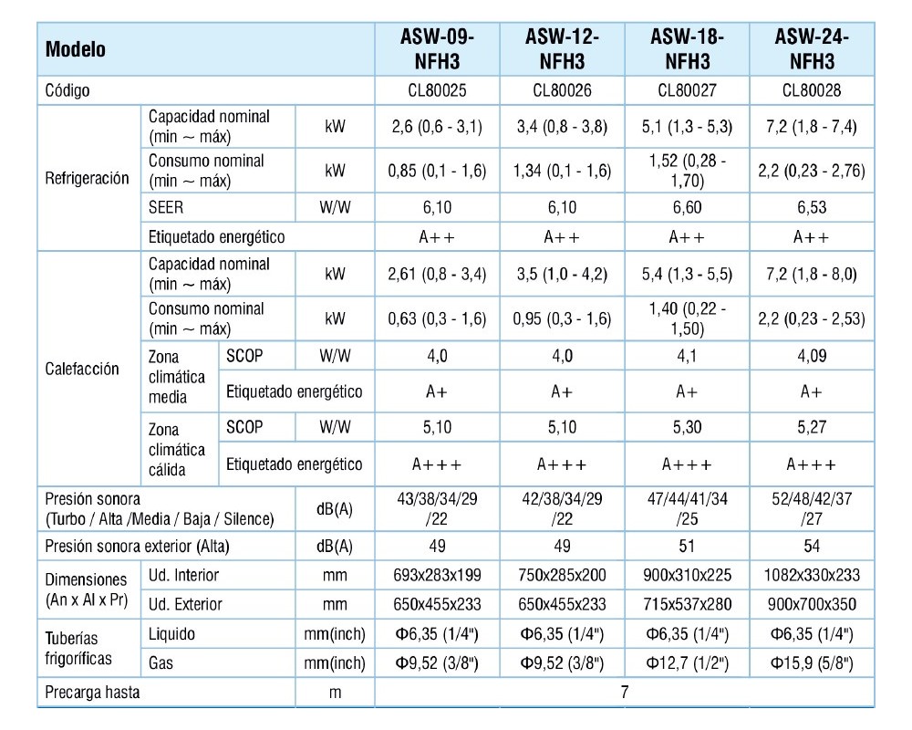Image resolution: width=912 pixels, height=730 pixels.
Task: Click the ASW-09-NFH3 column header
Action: (437, 49)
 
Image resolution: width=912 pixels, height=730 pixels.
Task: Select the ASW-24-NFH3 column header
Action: (812, 49)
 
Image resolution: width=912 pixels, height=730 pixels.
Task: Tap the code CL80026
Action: (562, 90)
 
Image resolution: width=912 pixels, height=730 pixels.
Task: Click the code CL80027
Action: (687, 90)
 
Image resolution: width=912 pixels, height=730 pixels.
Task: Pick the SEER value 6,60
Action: (687, 207)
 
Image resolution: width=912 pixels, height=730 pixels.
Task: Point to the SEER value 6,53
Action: (812, 207)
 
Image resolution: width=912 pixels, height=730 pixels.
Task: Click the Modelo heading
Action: (76, 49)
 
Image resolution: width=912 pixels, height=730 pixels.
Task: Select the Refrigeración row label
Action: (88, 178)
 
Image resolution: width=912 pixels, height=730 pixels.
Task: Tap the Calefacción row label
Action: (82, 369)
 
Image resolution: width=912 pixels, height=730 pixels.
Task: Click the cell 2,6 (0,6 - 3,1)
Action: (437, 126)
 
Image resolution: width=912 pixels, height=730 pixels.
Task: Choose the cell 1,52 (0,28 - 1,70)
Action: (687, 171)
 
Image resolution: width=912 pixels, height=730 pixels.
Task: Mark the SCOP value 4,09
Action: (812, 356)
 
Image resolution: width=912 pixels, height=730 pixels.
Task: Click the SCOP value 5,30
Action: (687, 427)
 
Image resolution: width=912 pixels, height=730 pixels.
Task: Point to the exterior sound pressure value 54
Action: (812, 546)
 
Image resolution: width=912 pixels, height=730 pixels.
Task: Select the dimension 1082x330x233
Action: (812, 575)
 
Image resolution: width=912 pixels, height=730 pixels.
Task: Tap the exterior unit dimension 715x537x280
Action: (687, 604)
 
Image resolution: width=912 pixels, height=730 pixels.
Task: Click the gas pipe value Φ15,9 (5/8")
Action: (812, 663)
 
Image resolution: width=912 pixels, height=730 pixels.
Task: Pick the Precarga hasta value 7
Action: (625, 692)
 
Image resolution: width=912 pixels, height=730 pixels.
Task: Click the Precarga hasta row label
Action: (92, 693)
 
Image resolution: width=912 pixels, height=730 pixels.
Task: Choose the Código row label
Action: (67, 90)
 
